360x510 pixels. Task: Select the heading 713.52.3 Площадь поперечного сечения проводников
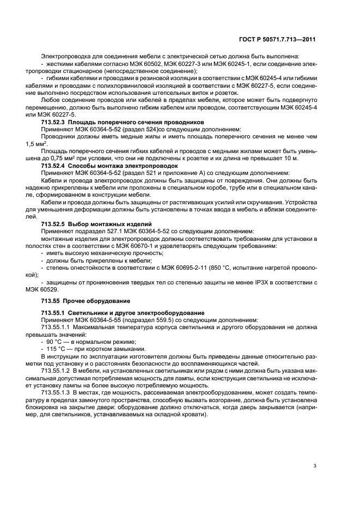click(x=123, y=123)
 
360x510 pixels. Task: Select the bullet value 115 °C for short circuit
click(x=57, y=348)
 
